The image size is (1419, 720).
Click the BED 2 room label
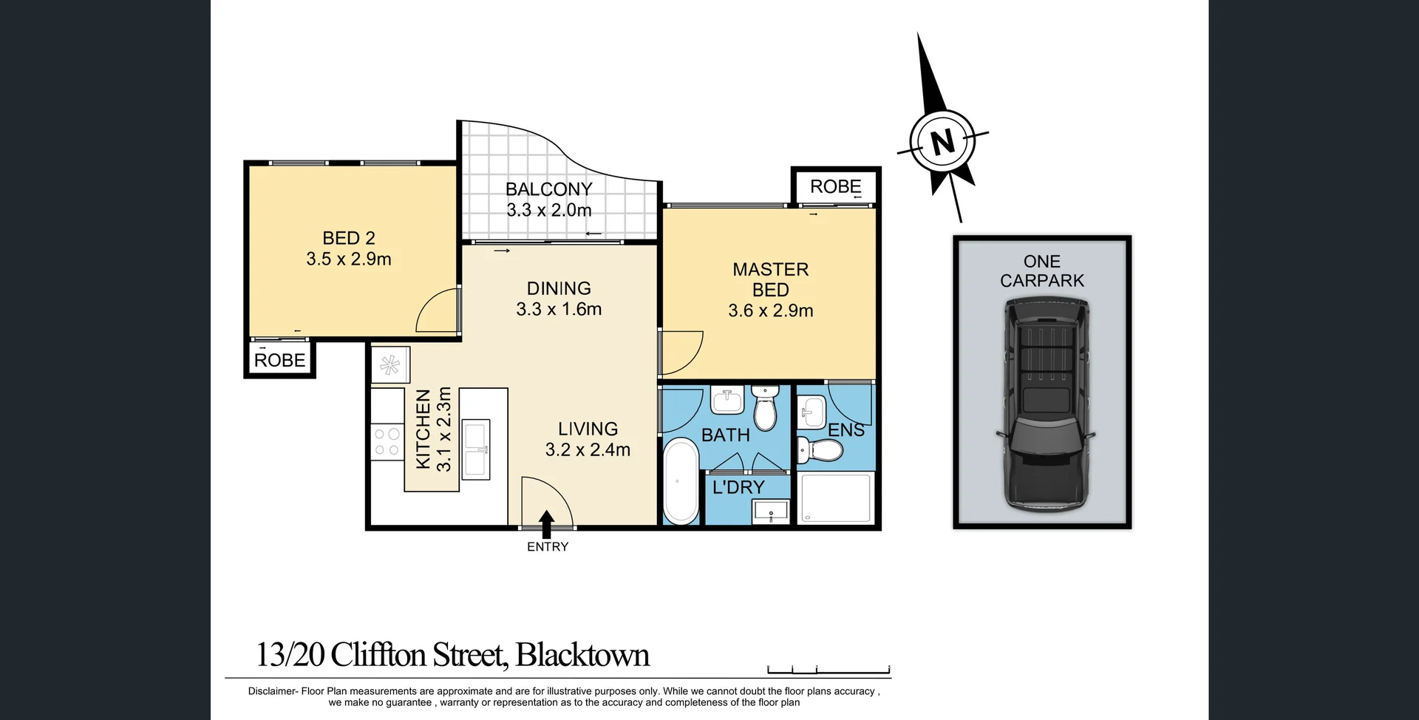coord(349,238)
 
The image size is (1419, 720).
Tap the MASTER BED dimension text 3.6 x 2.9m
coord(770,310)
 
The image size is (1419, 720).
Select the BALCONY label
coord(548,189)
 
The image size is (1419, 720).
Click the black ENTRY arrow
coord(547,524)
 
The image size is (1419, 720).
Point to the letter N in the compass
coord(942,140)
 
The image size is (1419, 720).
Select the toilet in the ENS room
coord(820,449)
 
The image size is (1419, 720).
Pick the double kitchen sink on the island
coord(475,449)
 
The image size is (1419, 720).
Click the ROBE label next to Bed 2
coord(279,360)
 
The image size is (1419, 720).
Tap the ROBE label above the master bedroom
coord(835,186)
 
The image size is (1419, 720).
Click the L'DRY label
coord(738,487)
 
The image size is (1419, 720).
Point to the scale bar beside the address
coord(828,670)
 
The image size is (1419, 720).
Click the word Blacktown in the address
coord(582,655)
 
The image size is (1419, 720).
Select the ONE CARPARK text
coord(1042,271)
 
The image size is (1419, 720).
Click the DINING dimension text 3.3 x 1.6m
coord(559,309)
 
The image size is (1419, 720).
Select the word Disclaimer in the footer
coord(272,691)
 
